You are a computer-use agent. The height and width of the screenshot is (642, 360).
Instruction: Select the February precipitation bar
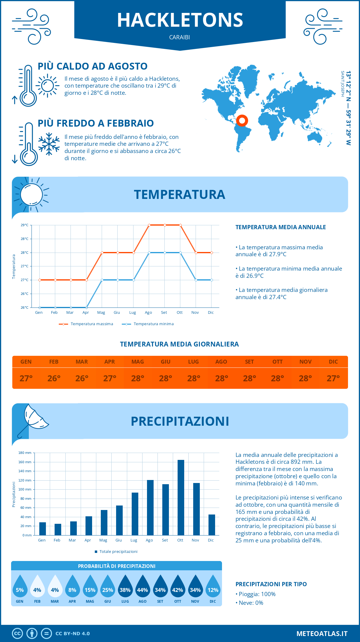coord(58,529)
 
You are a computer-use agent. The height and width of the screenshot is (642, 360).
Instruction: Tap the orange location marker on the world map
coord(242,121)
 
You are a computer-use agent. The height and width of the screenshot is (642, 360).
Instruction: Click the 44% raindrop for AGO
coord(142,587)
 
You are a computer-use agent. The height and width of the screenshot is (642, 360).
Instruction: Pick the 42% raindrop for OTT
coord(178,587)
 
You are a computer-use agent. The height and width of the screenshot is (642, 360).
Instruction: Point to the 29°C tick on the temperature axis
coord(25,225)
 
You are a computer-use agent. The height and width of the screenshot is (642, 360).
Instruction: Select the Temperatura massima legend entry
coord(86,324)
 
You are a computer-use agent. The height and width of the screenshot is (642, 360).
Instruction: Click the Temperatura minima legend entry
coord(148,324)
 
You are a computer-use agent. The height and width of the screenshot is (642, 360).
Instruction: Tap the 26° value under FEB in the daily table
coord(54,378)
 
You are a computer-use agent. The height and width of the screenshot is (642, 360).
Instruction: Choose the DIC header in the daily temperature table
coord(333,362)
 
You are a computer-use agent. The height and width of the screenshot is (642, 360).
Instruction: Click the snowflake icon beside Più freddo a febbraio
coord(49,144)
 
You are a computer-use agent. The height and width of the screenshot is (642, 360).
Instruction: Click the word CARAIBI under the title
coord(179,37)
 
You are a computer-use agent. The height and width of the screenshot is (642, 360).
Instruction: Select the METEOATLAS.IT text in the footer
coord(322,634)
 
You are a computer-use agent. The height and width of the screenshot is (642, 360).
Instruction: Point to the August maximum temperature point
coord(149,225)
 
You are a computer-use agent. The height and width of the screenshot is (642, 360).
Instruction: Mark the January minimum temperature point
coord(40,307)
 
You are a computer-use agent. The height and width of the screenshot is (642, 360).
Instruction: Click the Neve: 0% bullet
coord(249,603)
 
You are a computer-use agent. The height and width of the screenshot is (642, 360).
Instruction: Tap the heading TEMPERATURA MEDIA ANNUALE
coord(280,227)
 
